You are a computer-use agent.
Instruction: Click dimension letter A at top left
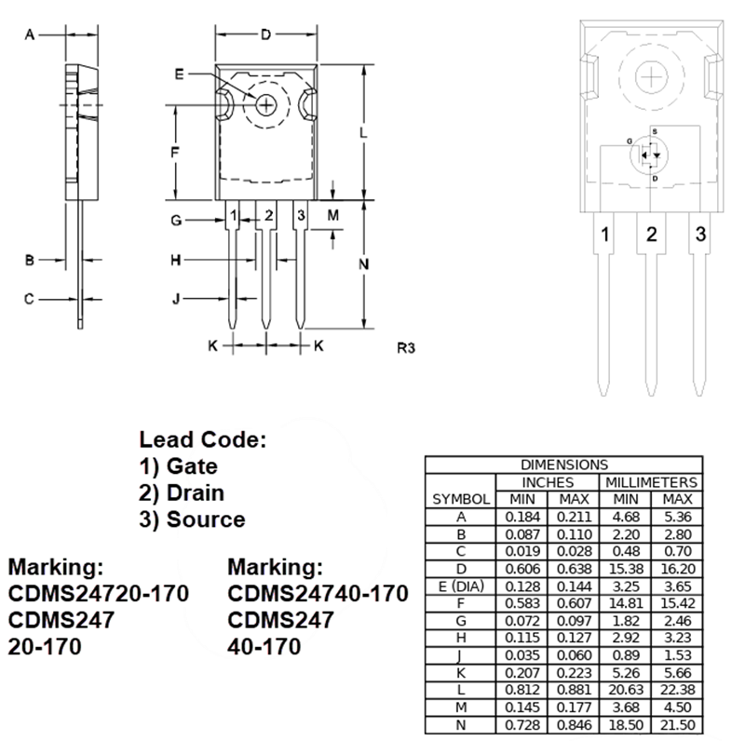tap(29, 35)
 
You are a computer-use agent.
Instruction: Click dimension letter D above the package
tap(265, 35)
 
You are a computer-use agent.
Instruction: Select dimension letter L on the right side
tap(363, 133)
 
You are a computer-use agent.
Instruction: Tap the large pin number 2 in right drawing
tap(652, 234)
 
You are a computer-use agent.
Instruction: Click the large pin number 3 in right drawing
tap(700, 234)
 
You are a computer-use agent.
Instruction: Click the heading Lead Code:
tap(203, 439)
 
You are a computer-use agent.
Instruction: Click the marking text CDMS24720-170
tap(98, 594)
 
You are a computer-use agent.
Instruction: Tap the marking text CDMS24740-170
tap(318, 594)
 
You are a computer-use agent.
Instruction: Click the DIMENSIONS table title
tap(563, 465)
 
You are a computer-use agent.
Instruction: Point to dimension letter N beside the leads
tap(363, 264)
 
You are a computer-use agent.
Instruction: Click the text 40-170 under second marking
tap(264, 646)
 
